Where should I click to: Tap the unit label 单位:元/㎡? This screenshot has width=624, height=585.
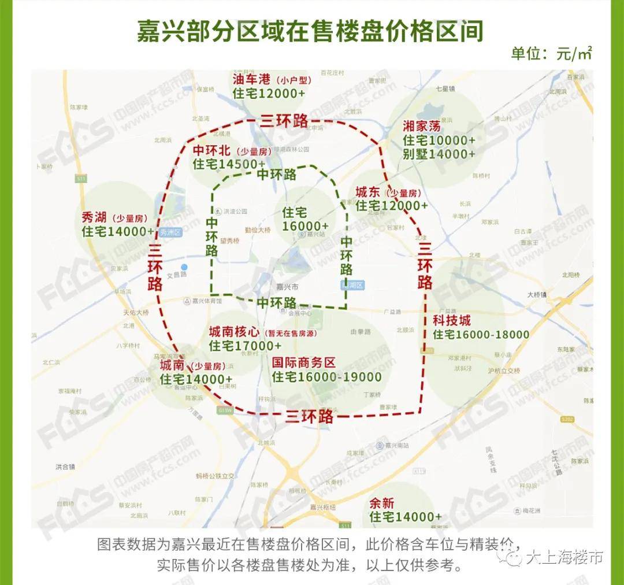[551, 54]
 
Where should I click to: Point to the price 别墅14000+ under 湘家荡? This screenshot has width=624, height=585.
[439, 154]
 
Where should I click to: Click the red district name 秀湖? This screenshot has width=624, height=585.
[95, 218]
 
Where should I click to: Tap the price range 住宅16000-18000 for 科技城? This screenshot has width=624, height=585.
[481, 335]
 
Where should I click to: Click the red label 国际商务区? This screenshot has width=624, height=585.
[304, 362]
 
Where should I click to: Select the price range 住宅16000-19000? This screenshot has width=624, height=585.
[327, 377]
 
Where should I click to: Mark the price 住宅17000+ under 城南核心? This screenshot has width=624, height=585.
[246, 346]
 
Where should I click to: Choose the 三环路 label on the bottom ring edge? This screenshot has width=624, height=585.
[310, 416]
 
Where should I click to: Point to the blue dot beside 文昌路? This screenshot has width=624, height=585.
[184, 267]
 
